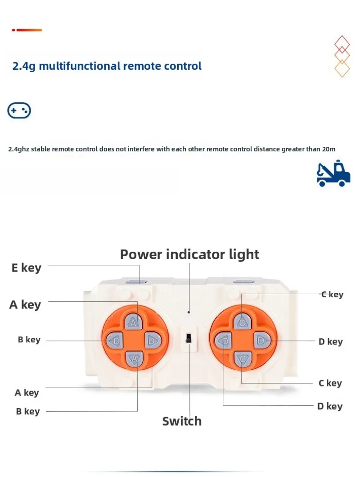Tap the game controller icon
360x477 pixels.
click(x=19, y=110)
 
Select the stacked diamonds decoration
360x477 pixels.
click(x=342, y=56)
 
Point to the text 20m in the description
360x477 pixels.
click(x=328, y=149)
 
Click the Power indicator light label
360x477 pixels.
click(x=189, y=254)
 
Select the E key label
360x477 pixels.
click(x=26, y=268)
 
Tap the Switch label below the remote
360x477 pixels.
click(x=182, y=422)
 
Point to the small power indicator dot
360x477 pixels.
click(x=189, y=312)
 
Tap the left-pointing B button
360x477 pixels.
click(x=116, y=341)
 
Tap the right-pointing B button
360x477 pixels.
click(x=151, y=341)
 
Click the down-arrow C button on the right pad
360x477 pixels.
click(x=242, y=359)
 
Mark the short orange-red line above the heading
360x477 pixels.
click(x=27, y=30)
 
